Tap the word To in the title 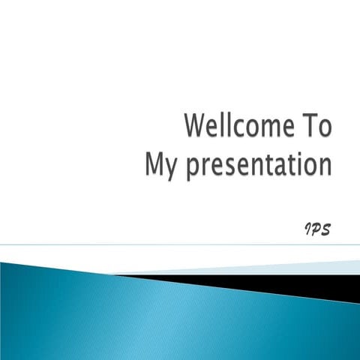pos(314,126)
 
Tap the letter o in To pos(322,127)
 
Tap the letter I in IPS pos(307,228)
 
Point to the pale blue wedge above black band pos(300,267)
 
